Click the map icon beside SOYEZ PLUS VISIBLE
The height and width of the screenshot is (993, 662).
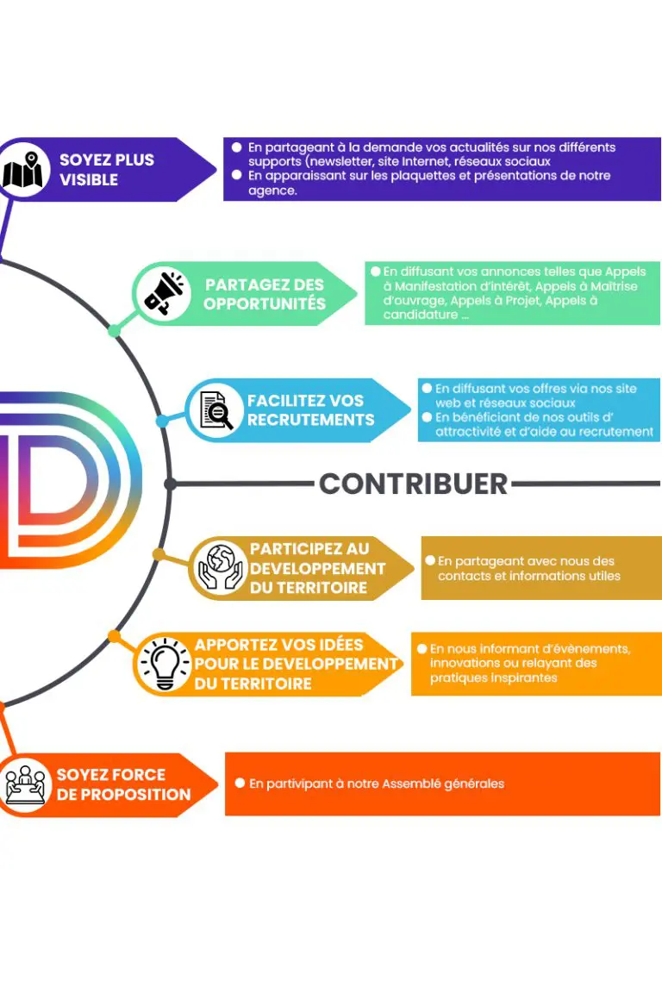click(x=22, y=170)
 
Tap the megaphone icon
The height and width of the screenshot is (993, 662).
click(x=164, y=293)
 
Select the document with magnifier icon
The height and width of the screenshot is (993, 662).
click(x=216, y=409)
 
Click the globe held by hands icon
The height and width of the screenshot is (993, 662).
click(x=220, y=568)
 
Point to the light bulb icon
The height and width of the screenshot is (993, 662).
click(x=165, y=664)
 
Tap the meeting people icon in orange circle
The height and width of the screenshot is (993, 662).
click(x=24, y=784)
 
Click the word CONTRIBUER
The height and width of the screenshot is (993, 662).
click(x=413, y=484)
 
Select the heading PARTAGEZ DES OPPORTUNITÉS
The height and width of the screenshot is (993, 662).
click(x=264, y=294)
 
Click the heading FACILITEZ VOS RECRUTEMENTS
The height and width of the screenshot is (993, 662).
click(x=310, y=409)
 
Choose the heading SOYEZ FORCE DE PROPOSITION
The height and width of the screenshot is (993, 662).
click(x=123, y=784)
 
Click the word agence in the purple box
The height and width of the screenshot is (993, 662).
click(x=271, y=190)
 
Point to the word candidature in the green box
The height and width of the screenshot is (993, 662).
click(x=421, y=315)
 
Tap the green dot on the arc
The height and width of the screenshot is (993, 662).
click(x=115, y=331)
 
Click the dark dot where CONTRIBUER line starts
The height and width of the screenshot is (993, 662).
click(x=170, y=484)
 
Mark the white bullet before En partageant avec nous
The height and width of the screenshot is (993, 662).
click(x=430, y=560)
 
